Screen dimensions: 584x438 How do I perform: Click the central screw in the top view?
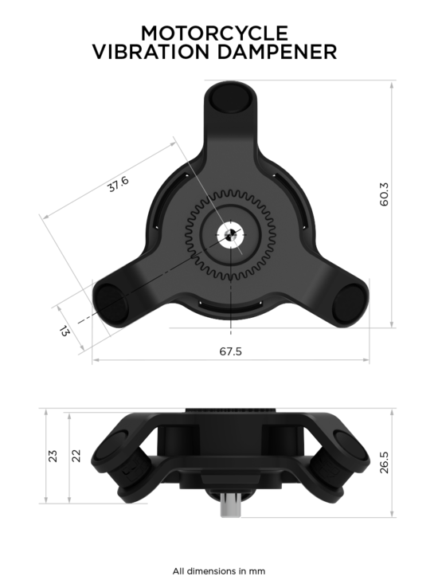(x=229, y=235)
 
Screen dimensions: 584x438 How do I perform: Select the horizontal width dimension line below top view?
(x=230, y=361)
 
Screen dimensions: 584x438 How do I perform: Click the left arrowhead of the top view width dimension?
(x=95, y=361)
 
